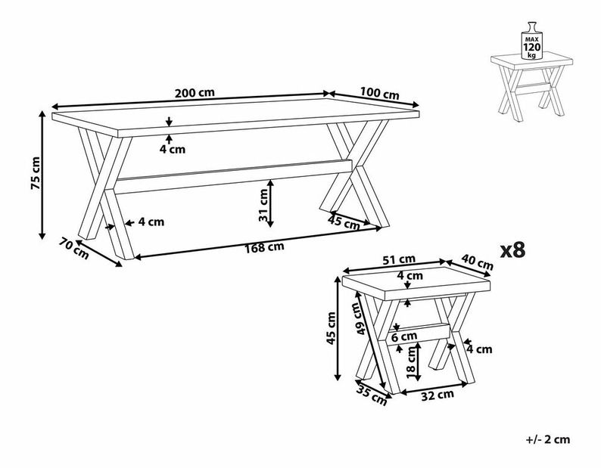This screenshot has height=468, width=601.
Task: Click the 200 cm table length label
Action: (195, 93)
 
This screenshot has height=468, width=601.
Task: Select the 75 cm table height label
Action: (36, 173)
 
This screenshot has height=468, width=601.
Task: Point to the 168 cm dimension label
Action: (264, 247)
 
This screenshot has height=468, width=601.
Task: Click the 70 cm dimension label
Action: (73, 248)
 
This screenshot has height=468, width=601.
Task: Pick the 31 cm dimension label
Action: (263, 206)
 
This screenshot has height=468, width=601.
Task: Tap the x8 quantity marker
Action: (512, 250)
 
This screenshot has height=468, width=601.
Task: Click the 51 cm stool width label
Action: (399, 259)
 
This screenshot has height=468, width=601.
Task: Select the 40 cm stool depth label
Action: (477, 262)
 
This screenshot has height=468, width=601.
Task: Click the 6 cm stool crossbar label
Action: (404, 337)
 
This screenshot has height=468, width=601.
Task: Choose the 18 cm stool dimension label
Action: (411, 363)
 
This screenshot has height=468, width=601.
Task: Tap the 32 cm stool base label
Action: (438, 395)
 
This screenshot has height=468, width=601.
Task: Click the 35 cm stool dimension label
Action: (372, 395)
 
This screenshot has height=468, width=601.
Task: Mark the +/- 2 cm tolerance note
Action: (548, 439)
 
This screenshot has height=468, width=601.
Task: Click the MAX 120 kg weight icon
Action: (531, 41)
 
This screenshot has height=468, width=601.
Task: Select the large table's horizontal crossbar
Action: (234, 176)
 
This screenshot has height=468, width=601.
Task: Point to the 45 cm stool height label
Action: (331, 328)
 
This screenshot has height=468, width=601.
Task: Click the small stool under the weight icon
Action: (531, 86)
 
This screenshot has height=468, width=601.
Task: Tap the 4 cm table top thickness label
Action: (173, 149)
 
